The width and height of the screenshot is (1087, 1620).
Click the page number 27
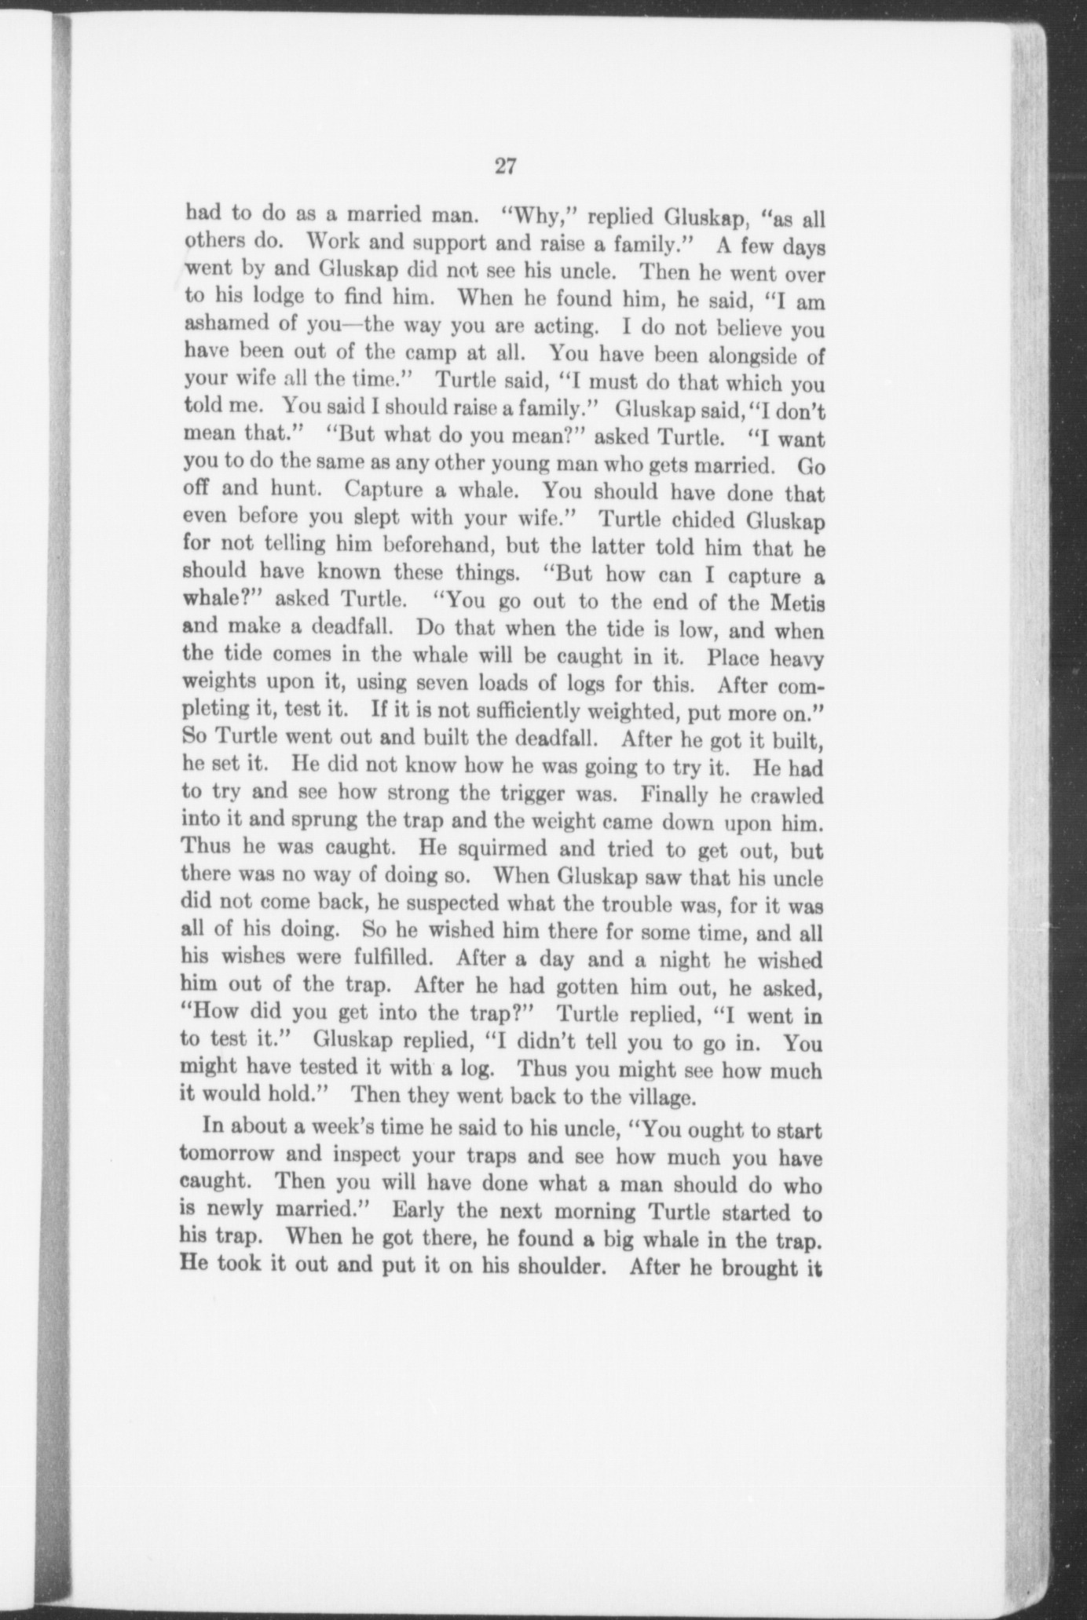(x=504, y=166)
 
